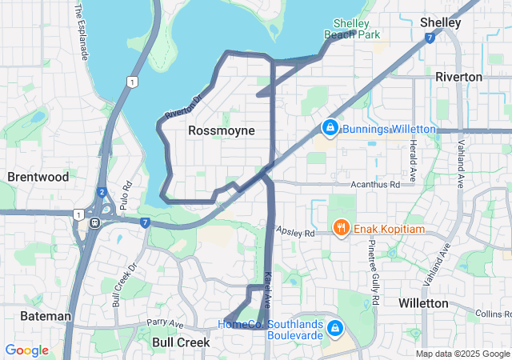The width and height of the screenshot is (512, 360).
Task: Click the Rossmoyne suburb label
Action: coord(222,130)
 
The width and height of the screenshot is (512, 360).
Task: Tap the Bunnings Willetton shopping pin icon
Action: coord(330,128)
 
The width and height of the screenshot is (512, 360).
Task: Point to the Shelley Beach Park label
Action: coord(351,29)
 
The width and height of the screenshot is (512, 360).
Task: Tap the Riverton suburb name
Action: coord(458,77)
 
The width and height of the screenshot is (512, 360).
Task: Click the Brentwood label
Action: coord(38,177)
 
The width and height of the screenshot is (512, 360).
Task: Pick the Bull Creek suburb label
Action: coord(181,342)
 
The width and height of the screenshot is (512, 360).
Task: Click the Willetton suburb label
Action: coord(423,303)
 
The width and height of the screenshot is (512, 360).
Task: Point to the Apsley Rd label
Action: coord(296,231)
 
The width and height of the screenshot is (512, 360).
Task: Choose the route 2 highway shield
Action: coord(102,192)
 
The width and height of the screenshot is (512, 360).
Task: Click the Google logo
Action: coord(26,350)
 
